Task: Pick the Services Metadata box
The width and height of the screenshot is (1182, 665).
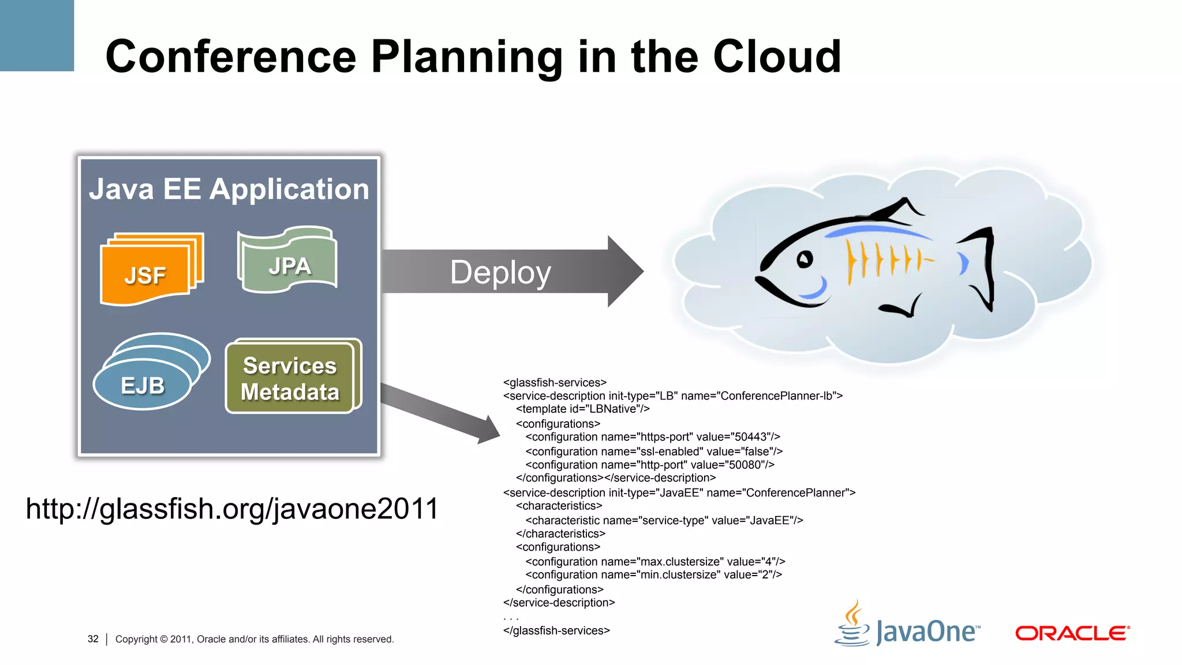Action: click(291, 378)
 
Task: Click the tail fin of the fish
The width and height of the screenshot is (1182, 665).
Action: click(981, 268)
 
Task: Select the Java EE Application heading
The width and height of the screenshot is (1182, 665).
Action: click(229, 189)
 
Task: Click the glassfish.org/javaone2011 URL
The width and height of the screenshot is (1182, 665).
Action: click(232, 509)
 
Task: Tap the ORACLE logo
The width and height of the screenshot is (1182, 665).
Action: click(1072, 633)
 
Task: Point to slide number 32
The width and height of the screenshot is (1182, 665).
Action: click(93, 639)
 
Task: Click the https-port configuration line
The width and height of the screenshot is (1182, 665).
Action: click(652, 437)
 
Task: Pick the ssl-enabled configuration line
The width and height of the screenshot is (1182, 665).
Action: click(653, 451)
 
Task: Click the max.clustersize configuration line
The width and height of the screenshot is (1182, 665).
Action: click(654, 562)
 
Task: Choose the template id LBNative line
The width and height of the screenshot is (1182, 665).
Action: click(582, 409)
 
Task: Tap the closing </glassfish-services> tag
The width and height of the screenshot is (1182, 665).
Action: click(556, 631)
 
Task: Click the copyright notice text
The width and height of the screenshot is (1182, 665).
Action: click(255, 639)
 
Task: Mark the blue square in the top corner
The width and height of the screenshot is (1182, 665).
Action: click(36, 35)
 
